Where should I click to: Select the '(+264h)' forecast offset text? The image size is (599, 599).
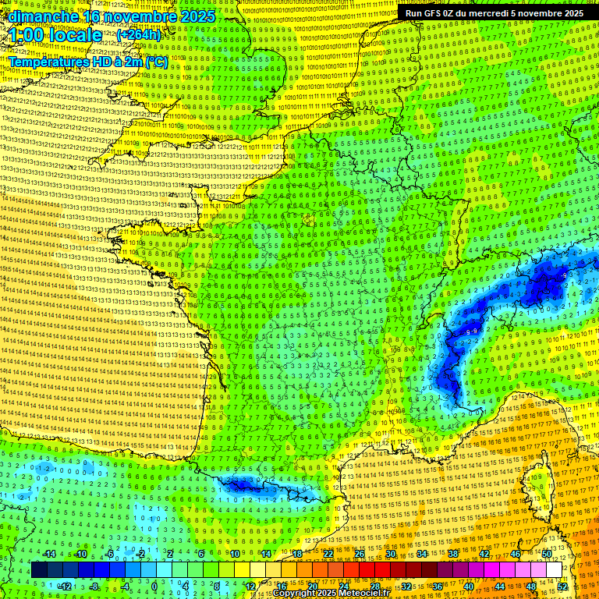click(138, 34)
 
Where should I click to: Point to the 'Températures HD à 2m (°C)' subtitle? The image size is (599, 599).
click(87, 61)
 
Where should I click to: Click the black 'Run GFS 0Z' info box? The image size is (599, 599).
click(494, 13)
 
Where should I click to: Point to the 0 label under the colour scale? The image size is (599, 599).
click(154, 587)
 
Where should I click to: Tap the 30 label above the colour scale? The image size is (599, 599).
click(391, 554)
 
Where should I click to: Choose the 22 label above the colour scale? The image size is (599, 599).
click(328, 554)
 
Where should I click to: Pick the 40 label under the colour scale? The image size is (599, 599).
click(469, 587)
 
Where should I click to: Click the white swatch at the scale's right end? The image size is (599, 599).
click(554, 570)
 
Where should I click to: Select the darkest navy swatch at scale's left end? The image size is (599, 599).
click(39, 570)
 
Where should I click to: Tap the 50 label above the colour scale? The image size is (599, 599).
click(547, 554)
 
